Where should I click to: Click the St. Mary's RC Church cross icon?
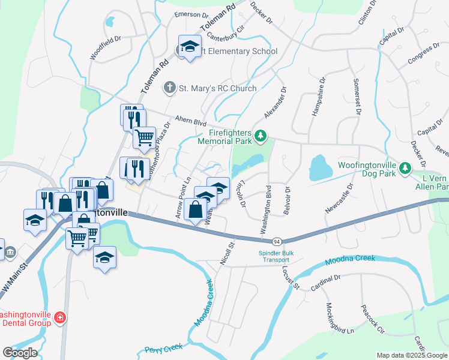click(170, 88)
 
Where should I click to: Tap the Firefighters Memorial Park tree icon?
click(261, 137)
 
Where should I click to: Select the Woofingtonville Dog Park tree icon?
click(406, 167)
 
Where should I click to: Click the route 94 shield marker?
click(276, 241)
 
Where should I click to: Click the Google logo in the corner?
click(20, 352)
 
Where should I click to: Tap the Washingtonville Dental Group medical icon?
click(59, 318)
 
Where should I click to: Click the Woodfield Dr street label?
click(106, 47)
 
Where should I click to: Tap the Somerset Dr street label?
click(355, 97)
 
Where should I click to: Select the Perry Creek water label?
click(164, 348)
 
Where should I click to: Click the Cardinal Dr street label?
click(326, 282)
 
